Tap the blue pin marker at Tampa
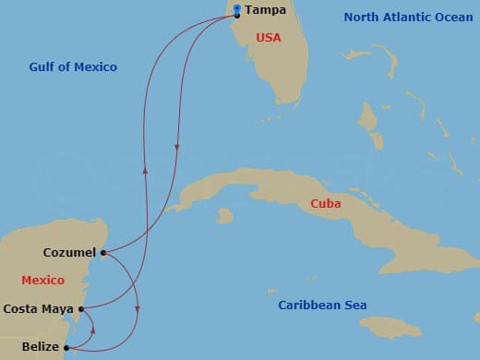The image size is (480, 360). pyautogui.click(x=237, y=9)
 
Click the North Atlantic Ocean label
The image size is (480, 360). pyautogui.click(x=408, y=17)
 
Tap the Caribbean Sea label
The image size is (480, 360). pyautogui.click(x=322, y=306)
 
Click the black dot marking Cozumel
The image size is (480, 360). pyautogui.click(x=102, y=252)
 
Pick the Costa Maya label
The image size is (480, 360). pyautogui.click(x=40, y=309)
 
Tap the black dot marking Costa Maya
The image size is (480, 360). pyautogui.click(x=82, y=309)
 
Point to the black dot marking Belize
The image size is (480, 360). pyautogui.click(x=66, y=348)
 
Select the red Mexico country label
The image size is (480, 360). pyautogui.click(x=42, y=280)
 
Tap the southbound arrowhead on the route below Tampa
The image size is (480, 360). pyautogui.click(x=176, y=145)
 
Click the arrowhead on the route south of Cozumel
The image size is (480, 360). pyautogui.click(x=138, y=307)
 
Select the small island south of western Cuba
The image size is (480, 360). pyautogui.click(x=223, y=216)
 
